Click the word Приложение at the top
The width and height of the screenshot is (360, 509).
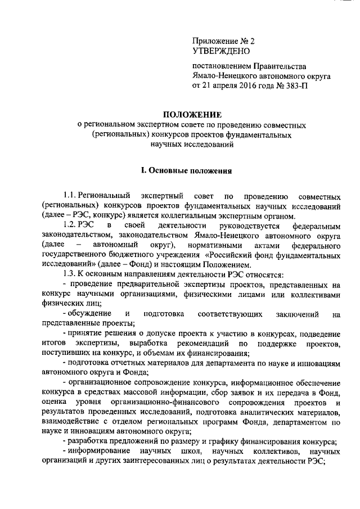click(217, 41)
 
